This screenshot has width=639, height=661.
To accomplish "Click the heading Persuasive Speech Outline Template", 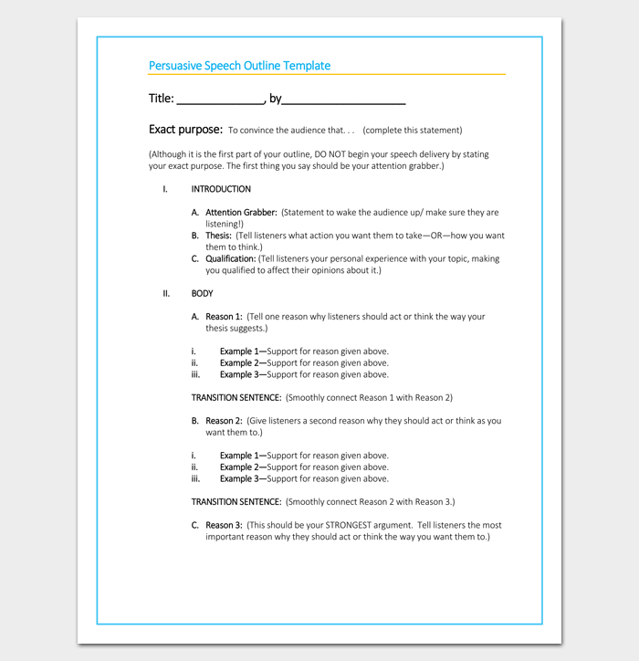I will pos(239,66).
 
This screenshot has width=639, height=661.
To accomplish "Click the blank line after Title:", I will pos(219,100).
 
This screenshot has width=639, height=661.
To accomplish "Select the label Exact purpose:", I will pos(185,130).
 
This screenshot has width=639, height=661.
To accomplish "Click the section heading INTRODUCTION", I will pos(221,189).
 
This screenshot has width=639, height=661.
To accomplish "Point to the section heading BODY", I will pos(202,293).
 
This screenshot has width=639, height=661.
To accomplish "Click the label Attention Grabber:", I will pos(241,213).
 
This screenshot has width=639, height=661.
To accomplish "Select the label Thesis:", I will pos(218,236).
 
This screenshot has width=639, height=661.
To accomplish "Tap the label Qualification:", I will pos(230,258).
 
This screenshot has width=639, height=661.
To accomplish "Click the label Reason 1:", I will pos(224,317).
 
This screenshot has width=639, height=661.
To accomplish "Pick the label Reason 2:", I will pos(224,421).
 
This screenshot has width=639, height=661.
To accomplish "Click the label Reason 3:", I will pos(224,525).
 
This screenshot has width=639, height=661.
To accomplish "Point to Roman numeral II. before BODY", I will pos(166,293).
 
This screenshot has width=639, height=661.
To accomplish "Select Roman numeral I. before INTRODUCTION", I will pos(165,189).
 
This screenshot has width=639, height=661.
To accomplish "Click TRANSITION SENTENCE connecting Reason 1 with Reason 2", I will pos(236,397).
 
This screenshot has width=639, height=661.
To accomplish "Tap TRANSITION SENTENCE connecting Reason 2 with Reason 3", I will pos(236,501).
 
